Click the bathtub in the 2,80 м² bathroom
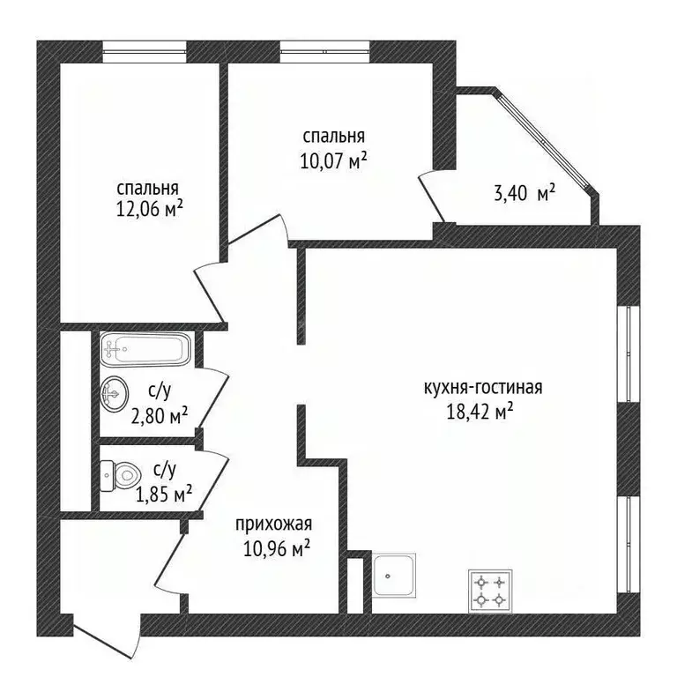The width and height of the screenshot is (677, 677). (x=146, y=349)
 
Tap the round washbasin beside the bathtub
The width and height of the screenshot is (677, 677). (x=114, y=392)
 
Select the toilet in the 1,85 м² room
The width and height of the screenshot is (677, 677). (x=121, y=476)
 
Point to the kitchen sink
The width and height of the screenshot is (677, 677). (x=394, y=576)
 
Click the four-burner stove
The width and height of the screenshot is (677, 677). (x=491, y=591)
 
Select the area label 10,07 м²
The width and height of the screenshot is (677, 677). (x=333, y=161)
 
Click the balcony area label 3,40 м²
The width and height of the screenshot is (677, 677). (x=524, y=194)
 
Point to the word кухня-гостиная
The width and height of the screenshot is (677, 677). (x=483, y=388)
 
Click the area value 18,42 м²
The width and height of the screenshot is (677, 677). (x=480, y=412)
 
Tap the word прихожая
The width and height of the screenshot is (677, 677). (x=274, y=524)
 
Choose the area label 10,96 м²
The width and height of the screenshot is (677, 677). (x=277, y=550)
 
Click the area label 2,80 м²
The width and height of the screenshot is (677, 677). (x=160, y=416)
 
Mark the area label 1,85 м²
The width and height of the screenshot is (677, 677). (x=164, y=495)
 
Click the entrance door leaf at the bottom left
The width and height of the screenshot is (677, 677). (x=102, y=640)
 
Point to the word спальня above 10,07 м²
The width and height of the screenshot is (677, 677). (x=334, y=137)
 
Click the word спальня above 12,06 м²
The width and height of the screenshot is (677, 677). (x=148, y=189)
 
